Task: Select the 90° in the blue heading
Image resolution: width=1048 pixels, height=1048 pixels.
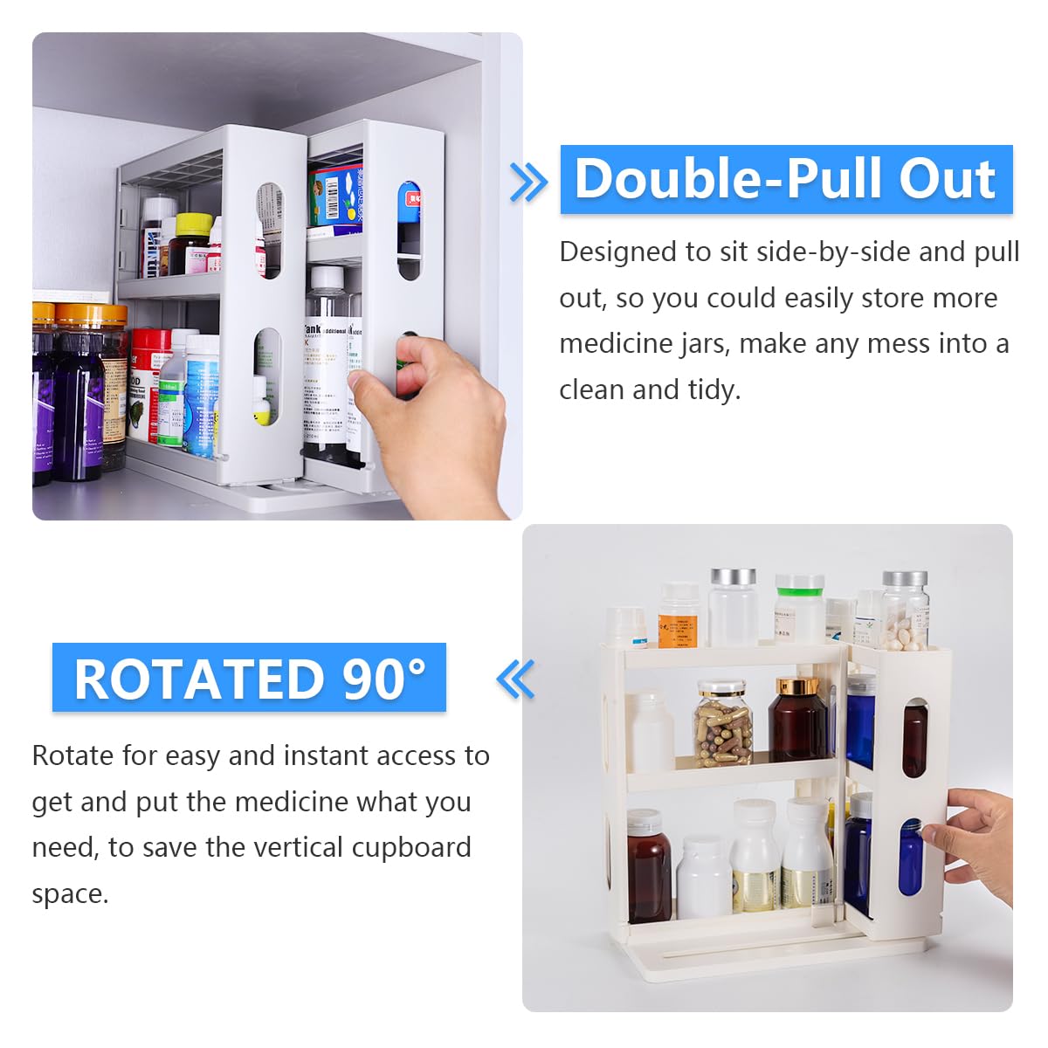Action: (384, 679)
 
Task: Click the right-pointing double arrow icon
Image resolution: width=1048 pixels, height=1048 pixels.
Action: (527, 182)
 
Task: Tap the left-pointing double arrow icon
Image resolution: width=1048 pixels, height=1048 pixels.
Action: (515, 679)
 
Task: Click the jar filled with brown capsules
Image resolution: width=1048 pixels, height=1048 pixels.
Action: (723, 723)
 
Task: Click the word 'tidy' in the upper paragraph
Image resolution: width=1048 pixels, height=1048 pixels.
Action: (712, 390)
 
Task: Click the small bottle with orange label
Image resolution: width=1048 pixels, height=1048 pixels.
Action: (678, 617)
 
